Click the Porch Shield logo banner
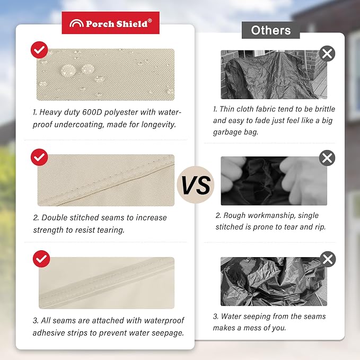(x=110, y=23)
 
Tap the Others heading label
(x=271, y=30)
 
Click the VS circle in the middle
(x=196, y=185)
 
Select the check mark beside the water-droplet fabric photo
(x=39, y=50)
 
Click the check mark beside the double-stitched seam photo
(x=39, y=157)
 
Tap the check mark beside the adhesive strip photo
(x=41, y=259)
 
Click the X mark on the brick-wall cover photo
(x=327, y=54)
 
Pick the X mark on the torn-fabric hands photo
(x=327, y=158)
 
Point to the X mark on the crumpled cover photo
(x=328, y=259)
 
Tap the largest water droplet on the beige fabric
(x=68, y=71)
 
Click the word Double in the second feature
(x=55, y=218)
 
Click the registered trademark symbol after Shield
(x=150, y=21)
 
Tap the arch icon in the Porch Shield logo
(x=76, y=23)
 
